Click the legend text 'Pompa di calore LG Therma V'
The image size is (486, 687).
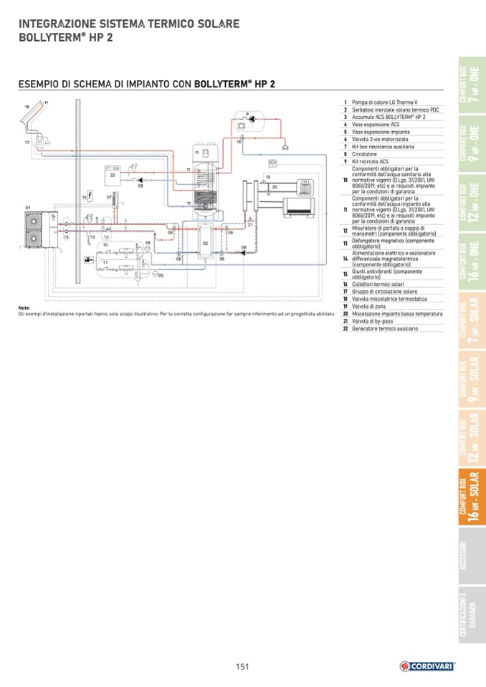(380, 102)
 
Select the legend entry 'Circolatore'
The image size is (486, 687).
(366, 154)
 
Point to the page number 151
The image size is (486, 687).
(242, 666)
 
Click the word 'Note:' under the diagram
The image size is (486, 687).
(25, 308)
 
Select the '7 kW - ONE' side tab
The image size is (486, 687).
(470, 85)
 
